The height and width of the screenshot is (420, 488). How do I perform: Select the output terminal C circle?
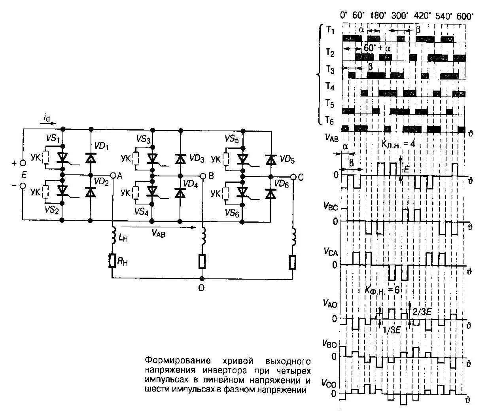point(293,177)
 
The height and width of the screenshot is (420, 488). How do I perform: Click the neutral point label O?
point(201,288)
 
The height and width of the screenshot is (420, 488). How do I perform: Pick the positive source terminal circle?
point(23,163)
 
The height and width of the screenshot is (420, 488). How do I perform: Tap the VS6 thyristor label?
point(232,213)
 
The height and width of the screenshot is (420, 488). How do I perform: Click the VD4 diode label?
point(195,184)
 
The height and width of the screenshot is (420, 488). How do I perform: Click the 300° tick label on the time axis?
point(400,16)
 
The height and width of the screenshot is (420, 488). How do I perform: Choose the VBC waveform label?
point(330,206)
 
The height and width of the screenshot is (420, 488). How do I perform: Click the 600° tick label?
point(465,16)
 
